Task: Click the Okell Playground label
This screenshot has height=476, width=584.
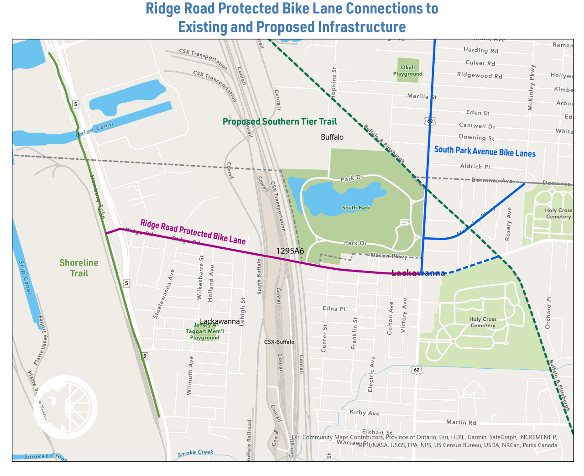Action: point(407,71)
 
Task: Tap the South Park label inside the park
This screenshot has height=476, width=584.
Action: point(356,208)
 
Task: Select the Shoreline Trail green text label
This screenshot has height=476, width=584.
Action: point(79,268)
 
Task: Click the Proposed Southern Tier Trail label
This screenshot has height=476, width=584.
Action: point(280,121)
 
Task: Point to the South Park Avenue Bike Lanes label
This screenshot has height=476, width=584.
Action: point(485,152)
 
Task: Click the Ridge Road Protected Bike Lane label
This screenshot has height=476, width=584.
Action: point(193,231)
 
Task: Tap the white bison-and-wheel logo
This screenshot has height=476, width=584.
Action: point(66,407)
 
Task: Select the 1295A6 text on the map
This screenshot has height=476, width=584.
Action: point(290,251)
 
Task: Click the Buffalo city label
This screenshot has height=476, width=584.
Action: point(332,137)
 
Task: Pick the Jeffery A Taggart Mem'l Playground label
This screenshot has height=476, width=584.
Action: point(205,331)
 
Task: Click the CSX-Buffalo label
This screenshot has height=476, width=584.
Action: point(279,342)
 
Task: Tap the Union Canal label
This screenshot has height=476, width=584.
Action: point(94,129)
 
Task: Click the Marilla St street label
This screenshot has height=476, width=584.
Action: point(422,96)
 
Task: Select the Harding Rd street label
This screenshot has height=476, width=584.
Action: point(480,50)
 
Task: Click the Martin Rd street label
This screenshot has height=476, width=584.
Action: point(461,423)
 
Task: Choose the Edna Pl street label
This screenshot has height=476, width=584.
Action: point(334,309)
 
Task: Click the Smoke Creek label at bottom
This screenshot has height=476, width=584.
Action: point(195,453)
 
